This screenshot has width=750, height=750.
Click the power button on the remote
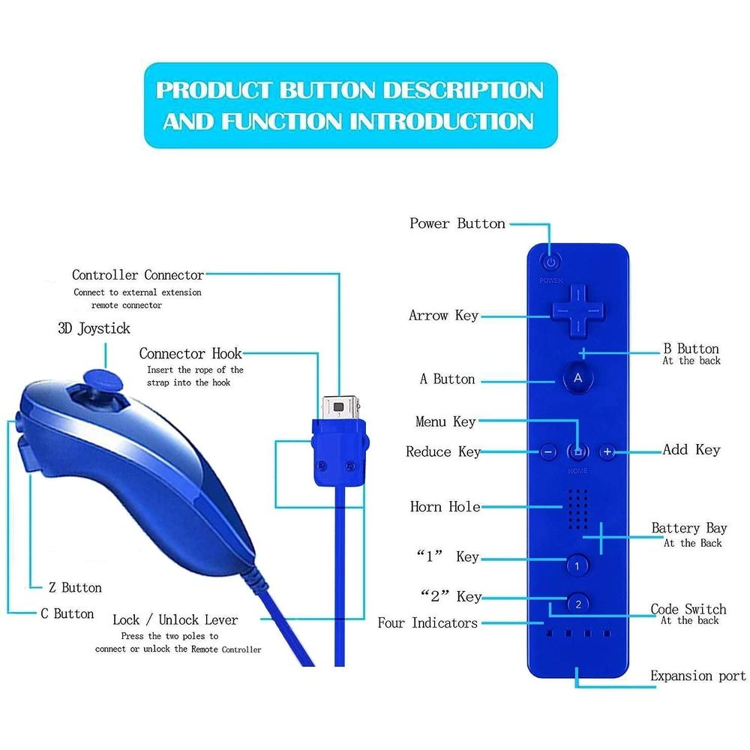click(x=551, y=262)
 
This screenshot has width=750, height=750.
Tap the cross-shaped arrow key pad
click(x=577, y=312)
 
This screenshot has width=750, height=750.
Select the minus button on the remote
click(x=548, y=452)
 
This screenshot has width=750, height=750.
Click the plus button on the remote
click(x=607, y=451)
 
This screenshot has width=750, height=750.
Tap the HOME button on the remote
click(x=577, y=451)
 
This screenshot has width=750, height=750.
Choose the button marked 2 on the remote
click(x=578, y=604)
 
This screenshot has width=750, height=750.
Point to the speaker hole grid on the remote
click(x=577, y=509)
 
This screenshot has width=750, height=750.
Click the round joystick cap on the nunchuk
click(x=102, y=381)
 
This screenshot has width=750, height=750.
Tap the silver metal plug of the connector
click(x=340, y=407)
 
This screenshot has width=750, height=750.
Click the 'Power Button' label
click(x=457, y=223)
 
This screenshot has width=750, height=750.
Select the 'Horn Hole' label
click(x=445, y=506)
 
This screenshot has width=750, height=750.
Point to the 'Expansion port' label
click(x=697, y=676)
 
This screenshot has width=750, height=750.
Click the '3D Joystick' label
click(x=94, y=328)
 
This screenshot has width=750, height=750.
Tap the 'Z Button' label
click(x=75, y=587)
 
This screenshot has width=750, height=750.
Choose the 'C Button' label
click(x=67, y=613)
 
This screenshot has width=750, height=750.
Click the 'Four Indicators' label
click(x=427, y=622)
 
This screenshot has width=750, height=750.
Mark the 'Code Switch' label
click(x=688, y=609)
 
